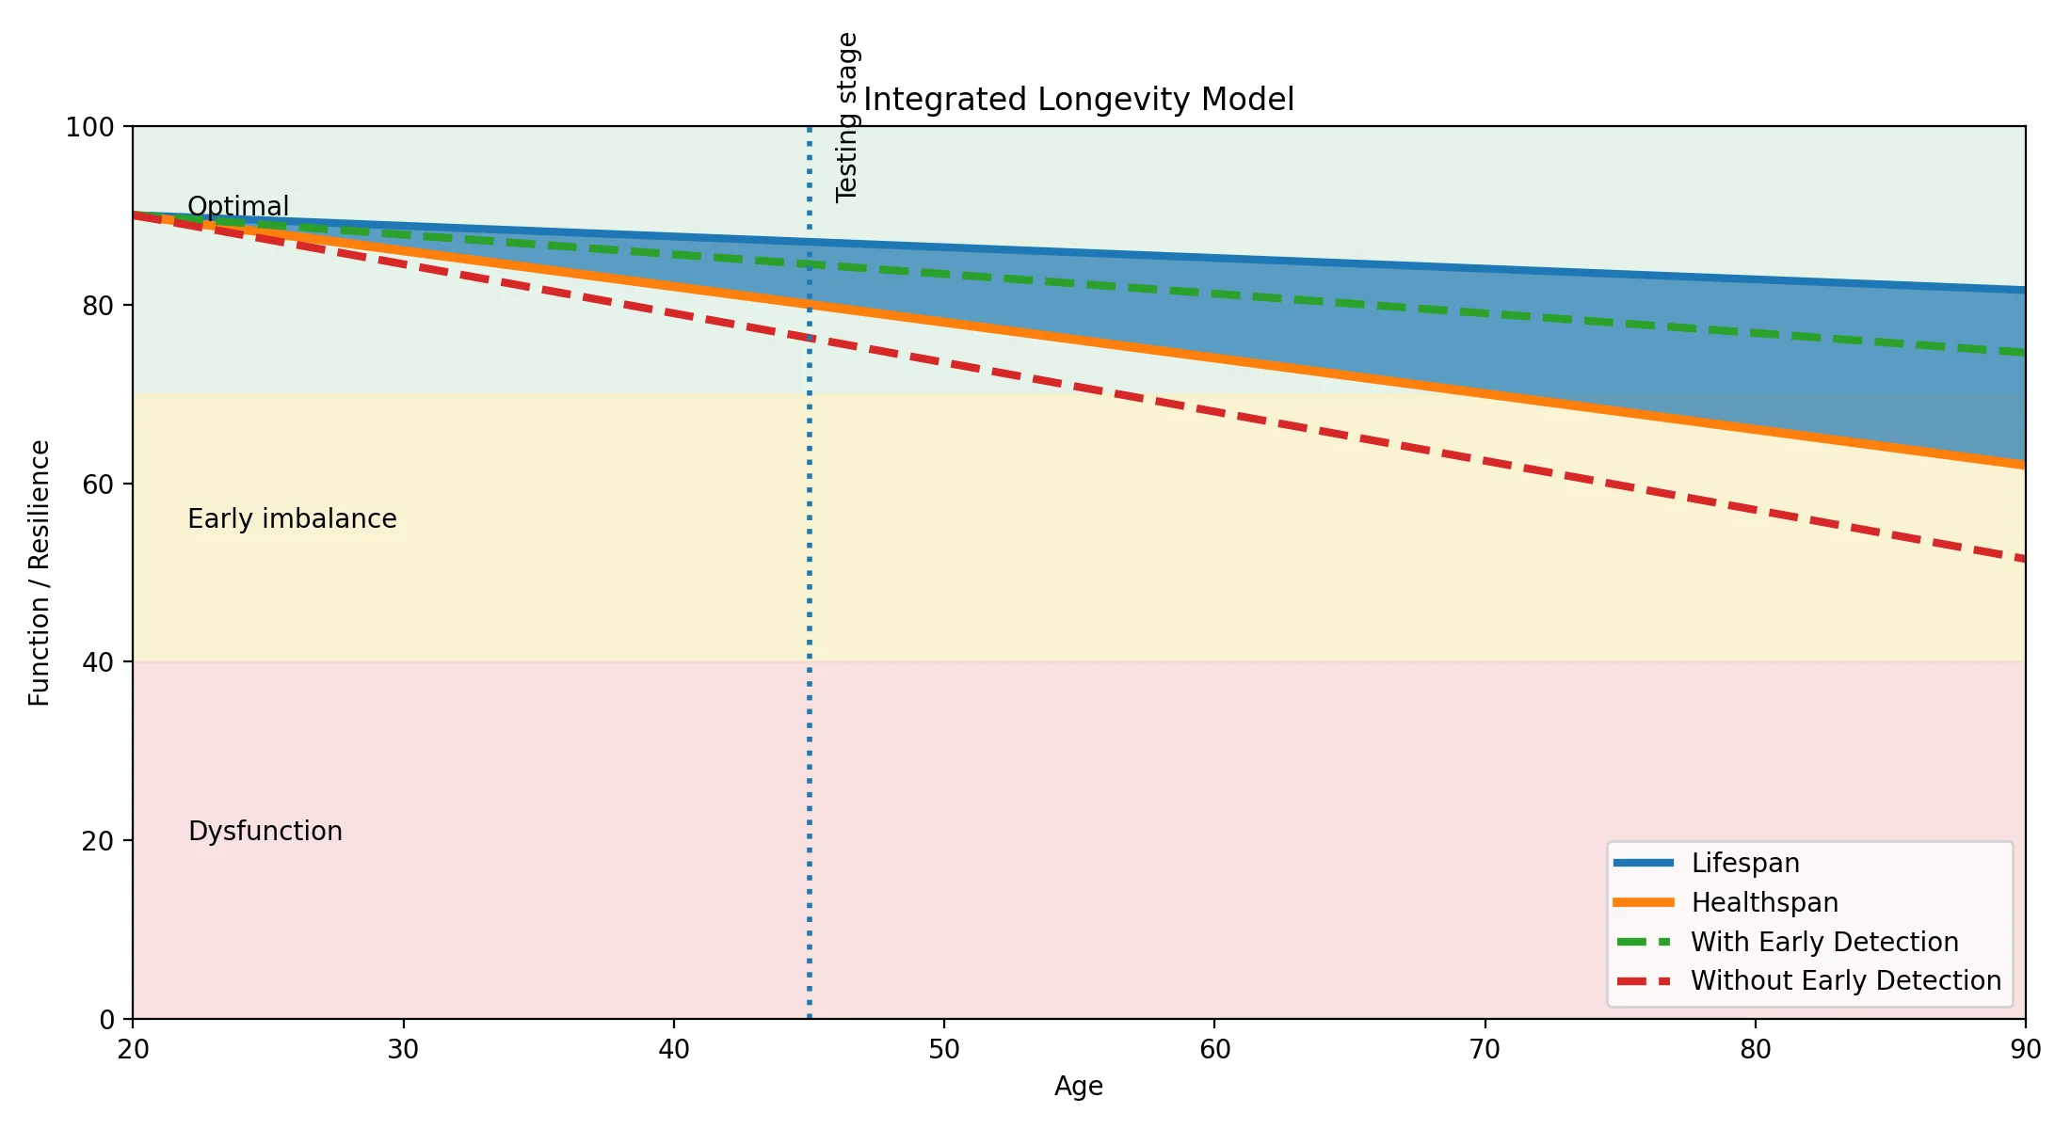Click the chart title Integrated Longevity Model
[1079, 99]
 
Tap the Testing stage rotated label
[847, 118]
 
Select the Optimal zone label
[238, 206]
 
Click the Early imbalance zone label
[292, 518]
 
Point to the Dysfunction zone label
[265, 831]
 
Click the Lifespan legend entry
[1744, 863]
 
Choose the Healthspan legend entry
[1764, 902]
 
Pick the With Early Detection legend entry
[1824, 942]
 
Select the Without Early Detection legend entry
[1845, 980]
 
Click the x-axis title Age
[1079, 1086]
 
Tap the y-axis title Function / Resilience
[40, 573]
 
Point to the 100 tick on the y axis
[89, 127]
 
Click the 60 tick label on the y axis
[98, 484]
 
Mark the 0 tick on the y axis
[107, 1019]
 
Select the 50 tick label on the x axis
[944, 1049]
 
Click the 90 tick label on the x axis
[2025, 1049]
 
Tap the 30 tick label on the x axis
[403, 1049]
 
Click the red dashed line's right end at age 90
[2022, 559]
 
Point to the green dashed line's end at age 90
[2022, 353]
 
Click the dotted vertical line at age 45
[810, 659]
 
